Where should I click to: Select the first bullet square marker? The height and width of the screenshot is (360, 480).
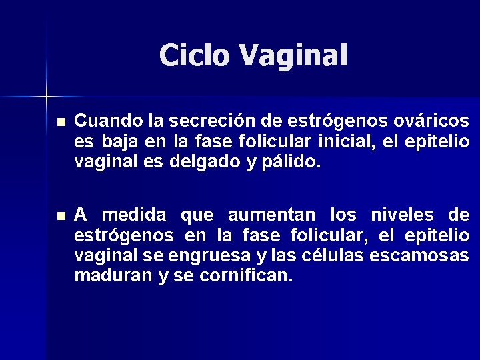(61, 123)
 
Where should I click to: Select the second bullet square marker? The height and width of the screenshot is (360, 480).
(61, 217)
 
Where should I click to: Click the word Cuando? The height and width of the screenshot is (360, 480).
(107, 121)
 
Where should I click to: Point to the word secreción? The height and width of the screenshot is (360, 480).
(209, 121)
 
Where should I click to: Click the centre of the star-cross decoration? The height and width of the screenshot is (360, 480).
(47, 97)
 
